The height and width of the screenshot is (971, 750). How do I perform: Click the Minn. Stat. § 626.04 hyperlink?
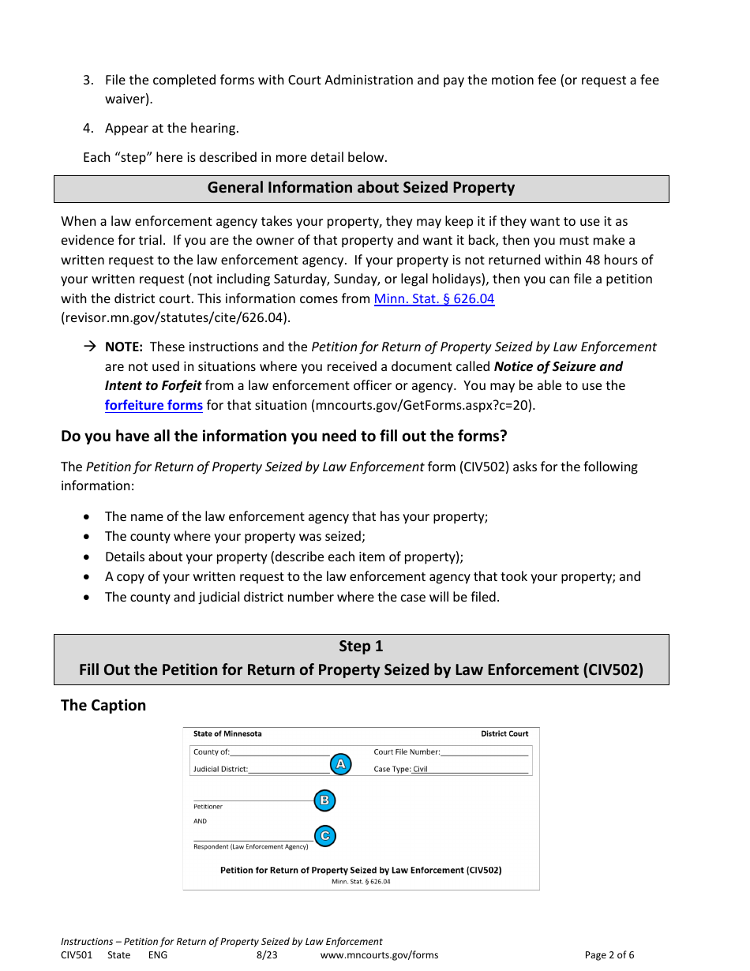pyautogui.click(x=433, y=299)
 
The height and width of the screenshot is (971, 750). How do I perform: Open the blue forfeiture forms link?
pyautogui.click(x=154, y=405)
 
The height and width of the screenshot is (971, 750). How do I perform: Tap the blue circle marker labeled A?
pyautogui.click(x=340, y=764)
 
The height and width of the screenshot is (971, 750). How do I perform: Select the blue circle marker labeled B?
pyautogui.click(x=324, y=800)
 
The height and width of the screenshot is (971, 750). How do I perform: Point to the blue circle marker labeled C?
pyautogui.click(x=324, y=836)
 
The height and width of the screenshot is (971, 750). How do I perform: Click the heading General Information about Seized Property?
pyautogui.click(x=361, y=188)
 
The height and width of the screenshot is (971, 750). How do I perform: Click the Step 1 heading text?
pyautogui.click(x=361, y=646)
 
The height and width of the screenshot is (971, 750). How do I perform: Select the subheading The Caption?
pyautogui.click(x=103, y=705)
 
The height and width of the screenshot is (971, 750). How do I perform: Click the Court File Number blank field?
pyautogui.click(x=484, y=752)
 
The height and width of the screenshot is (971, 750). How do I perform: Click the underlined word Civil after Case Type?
pyautogui.click(x=420, y=769)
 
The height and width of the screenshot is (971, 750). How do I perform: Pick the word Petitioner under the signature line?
pyautogui.click(x=208, y=807)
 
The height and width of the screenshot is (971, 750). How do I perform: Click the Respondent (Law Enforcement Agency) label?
pyautogui.click(x=250, y=847)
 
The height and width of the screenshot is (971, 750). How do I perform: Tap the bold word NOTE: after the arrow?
pyautogui.click(x=123, y=347)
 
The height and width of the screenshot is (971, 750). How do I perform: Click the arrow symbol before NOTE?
pyautogui.click(x=89, y=347)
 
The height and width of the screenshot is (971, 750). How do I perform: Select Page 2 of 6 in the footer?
pyautogui.click(x=609, y=955)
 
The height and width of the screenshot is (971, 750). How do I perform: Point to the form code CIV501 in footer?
pyautogui.click(x=77, y=955)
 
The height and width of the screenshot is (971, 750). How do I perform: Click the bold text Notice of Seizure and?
pyautogui.click(x=557, y=366)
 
